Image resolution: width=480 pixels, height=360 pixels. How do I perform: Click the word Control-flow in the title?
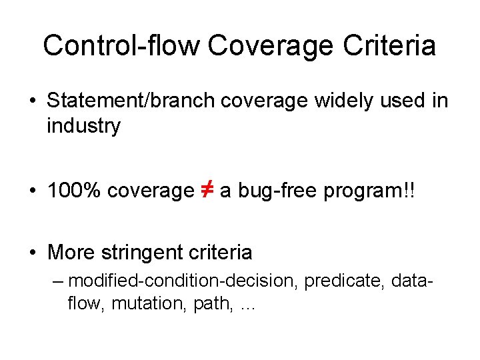[121, 46]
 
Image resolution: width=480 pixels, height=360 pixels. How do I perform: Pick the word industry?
[83, 126]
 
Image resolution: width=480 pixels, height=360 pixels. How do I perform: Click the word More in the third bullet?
[71, 253]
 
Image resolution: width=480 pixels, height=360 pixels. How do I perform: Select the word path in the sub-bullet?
[198, 304]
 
